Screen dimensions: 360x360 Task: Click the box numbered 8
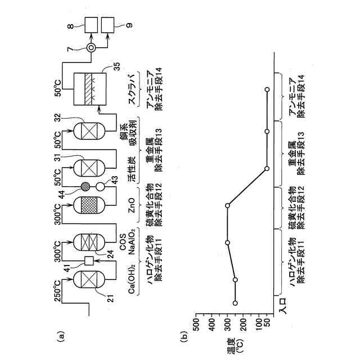[90, 24]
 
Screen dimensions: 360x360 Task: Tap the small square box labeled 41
[88, 260]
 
